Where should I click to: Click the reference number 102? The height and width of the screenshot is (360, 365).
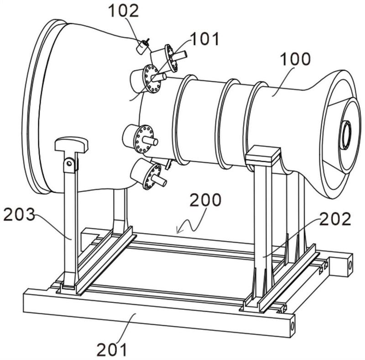[124, 11]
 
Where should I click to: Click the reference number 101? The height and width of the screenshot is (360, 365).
[205, 39]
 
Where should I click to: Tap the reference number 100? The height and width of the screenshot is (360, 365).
[295, 59]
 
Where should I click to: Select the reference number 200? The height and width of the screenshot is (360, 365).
[205, 200]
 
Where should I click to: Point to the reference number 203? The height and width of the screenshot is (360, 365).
[19, 214]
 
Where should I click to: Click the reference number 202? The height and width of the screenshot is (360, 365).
[335, 219]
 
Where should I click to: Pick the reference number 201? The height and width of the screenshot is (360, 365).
[112, 349]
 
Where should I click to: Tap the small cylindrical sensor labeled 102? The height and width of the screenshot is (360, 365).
[142, 47]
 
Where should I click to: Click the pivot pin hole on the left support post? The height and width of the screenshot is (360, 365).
[69, 164]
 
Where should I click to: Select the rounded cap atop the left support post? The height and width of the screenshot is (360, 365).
[72, 144]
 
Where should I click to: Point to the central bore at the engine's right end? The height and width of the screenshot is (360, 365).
[347, 135]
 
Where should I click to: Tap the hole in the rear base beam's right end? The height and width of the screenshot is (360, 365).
[349, 265]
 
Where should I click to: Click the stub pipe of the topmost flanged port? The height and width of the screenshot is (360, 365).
[179, 55]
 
